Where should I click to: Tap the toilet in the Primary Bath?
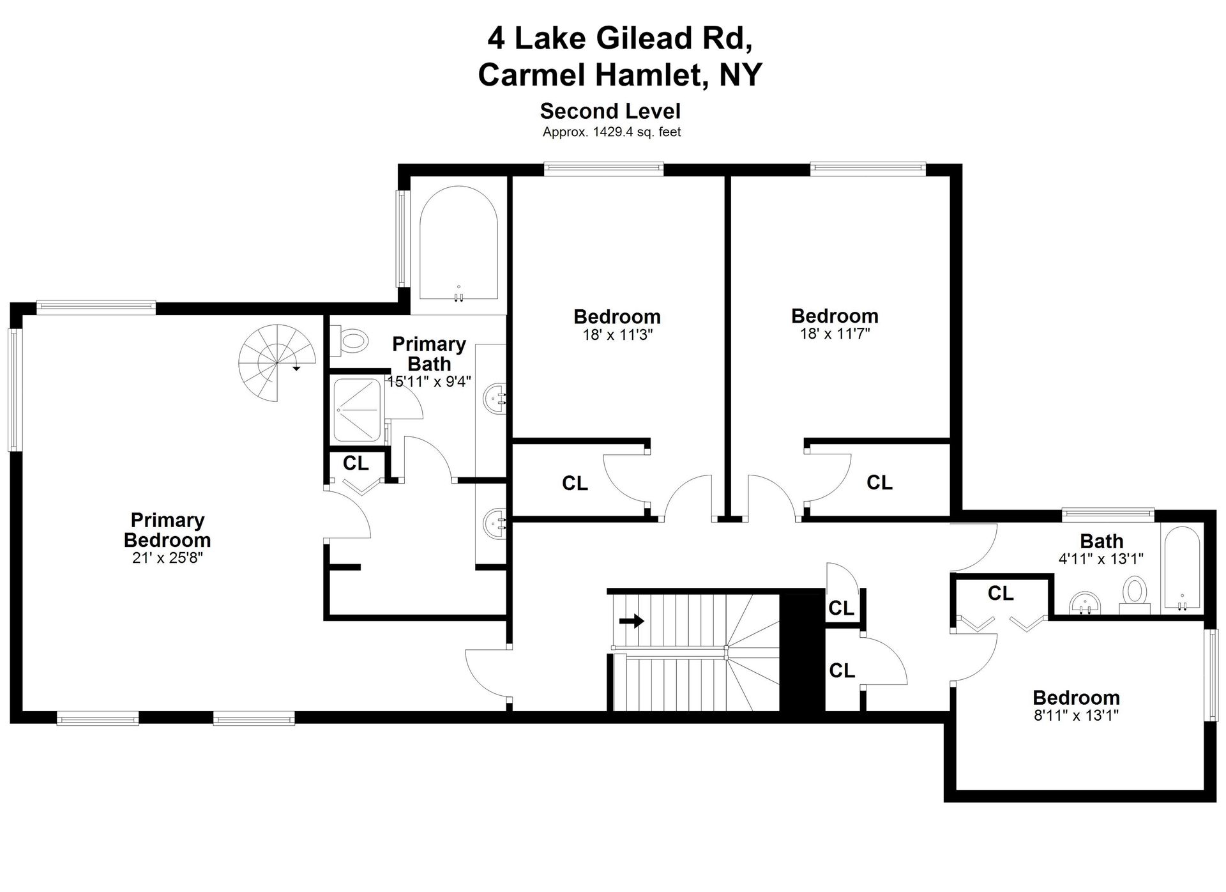349,341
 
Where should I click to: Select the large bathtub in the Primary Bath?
458,243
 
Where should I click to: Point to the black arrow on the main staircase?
632,620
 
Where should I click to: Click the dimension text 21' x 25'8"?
167,558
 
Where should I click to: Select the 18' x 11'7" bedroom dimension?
835,334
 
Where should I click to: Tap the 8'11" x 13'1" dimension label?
1077,715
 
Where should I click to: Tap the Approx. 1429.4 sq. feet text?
612,132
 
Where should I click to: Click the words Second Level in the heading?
610,111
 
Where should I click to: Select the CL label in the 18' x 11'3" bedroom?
575,484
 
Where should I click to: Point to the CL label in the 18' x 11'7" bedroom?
879,482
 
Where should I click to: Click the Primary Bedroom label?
167,530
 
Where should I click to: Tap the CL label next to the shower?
356,463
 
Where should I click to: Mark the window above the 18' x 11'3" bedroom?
604,169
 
